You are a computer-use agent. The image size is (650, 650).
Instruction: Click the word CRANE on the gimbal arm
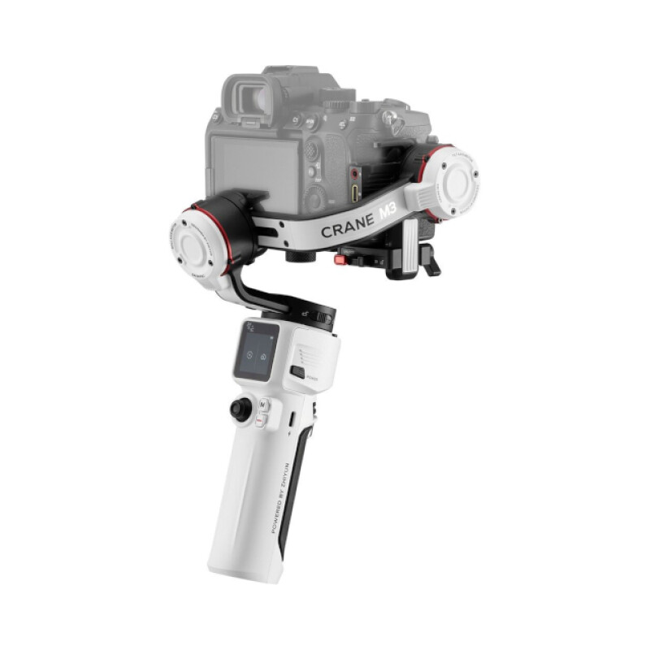(348, 226)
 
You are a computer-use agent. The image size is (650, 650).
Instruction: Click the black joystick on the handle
(240, 409)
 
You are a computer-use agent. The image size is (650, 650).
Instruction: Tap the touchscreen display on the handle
(256, 352)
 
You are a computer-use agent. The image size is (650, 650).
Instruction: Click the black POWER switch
(298, 373)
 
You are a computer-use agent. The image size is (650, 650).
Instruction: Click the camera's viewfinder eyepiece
(247, 97)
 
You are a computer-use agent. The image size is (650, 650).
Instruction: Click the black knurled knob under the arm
(300, 256)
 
